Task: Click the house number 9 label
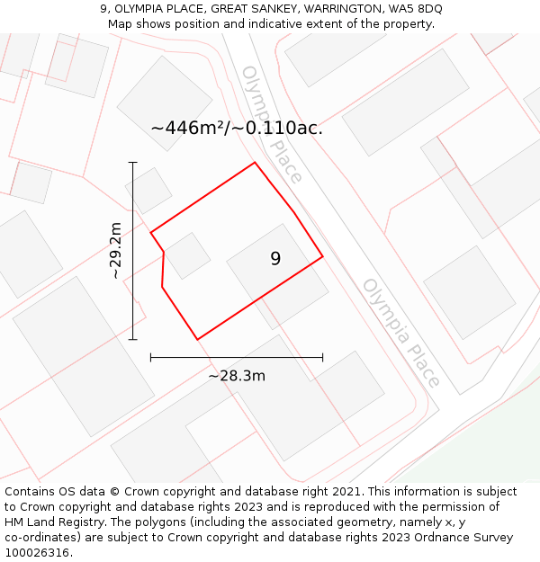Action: click(275, 259)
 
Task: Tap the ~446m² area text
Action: click(188, 129)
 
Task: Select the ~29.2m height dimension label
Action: click(116, 251)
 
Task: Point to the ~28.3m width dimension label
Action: click(237, 376)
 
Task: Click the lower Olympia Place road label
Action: click(401, 333)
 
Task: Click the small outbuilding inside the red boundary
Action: click(187, 255)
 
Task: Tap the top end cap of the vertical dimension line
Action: click(133, 163)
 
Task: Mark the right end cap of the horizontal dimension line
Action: click(322, 357)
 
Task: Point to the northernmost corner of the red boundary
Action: click(255, 163)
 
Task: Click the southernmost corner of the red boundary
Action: click(197, 339)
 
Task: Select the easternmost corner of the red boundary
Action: click(322, 257)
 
